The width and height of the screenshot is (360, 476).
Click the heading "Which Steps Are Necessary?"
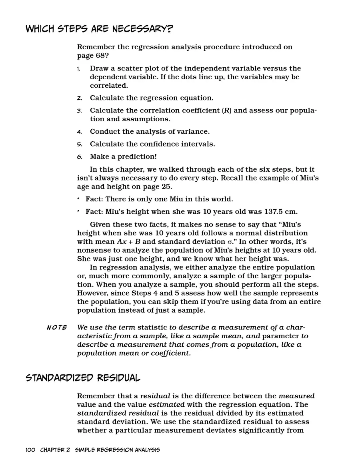point(100,29)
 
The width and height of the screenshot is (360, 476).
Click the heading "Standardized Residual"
point(83,378)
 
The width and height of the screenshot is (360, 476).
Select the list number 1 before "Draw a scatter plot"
point(79,69)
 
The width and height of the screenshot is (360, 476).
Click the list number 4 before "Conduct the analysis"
point(79,132)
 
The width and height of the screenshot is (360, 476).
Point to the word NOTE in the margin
point(56,327)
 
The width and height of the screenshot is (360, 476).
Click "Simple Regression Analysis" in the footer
point(117,450)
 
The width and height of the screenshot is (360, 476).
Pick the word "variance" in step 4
point(192,131)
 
